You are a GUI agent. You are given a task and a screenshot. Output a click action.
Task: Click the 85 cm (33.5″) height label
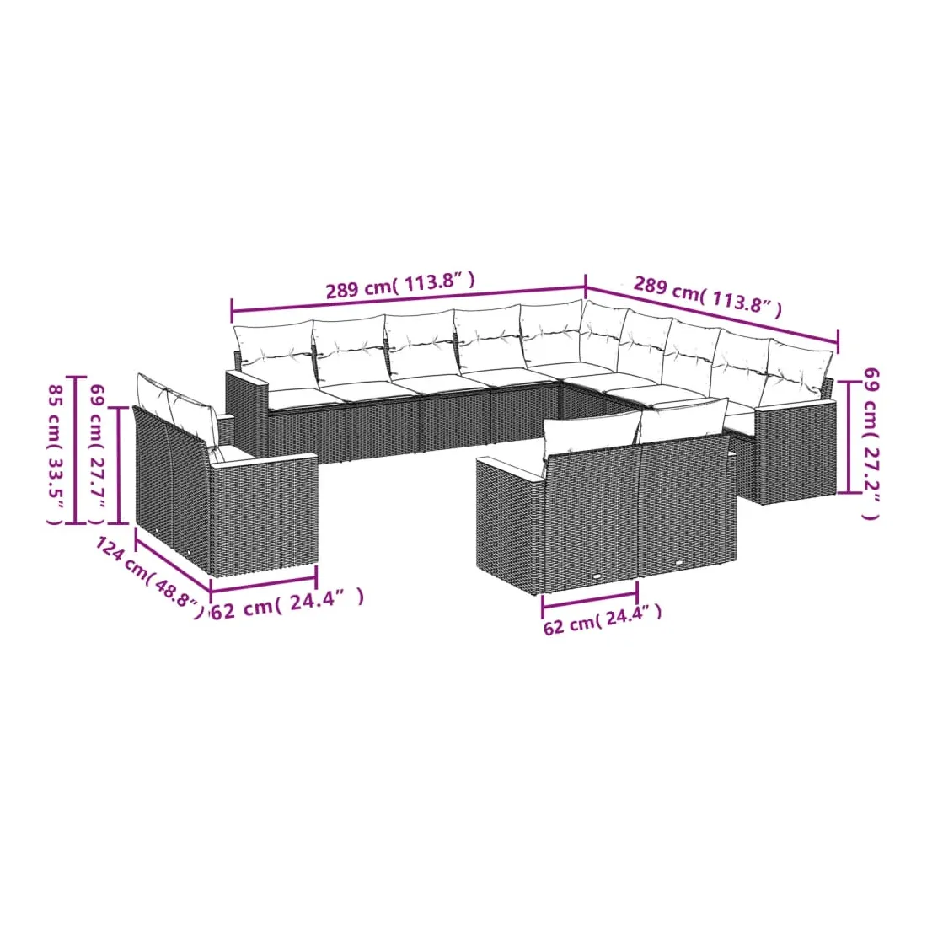[x=55, y=454]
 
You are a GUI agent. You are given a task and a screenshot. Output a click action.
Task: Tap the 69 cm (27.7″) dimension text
[x=97, y=454]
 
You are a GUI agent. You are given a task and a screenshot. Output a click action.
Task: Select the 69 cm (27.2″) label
[x=871, y=443]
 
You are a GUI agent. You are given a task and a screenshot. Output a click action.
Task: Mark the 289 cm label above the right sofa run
[x=708, y=296]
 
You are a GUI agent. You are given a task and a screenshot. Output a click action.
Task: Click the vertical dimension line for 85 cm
[x=76, y=450]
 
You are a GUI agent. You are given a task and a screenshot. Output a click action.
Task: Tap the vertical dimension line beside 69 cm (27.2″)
[x=849, y=437]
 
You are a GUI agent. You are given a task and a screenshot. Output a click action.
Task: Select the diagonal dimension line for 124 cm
[x=174, y=559]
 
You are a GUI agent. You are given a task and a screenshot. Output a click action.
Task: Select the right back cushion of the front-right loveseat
[x=683, y=421]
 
